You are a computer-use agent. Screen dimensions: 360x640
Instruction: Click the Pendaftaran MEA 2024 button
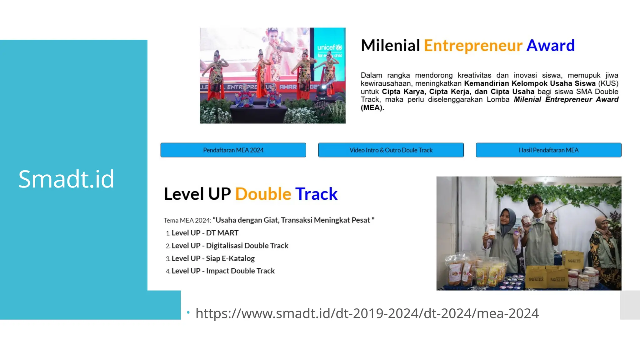233,150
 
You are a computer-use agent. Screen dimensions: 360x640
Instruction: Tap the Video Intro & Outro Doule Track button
391,150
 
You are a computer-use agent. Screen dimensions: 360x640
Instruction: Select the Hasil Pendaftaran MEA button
548,150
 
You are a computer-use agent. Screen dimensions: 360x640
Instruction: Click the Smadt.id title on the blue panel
66,179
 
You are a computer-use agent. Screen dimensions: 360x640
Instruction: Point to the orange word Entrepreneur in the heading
473,46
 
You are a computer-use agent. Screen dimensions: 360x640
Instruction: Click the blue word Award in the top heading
550,46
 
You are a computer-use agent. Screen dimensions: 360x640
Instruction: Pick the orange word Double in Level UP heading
263,194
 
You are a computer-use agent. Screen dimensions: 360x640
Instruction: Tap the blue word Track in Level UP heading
316,194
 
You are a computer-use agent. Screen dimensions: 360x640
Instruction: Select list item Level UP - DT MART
205,233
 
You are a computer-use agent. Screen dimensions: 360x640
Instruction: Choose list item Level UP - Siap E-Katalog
213,258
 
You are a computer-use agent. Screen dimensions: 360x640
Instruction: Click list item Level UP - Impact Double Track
223,271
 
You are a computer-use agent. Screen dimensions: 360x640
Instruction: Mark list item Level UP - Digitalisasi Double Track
230,246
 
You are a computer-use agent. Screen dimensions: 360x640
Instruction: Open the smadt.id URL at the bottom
367,313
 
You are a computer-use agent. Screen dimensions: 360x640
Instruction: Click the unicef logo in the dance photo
330,48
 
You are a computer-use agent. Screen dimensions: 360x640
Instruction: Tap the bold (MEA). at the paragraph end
372,108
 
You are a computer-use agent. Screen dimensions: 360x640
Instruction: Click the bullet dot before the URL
188,312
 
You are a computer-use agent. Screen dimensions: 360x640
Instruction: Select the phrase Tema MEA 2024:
187,220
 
